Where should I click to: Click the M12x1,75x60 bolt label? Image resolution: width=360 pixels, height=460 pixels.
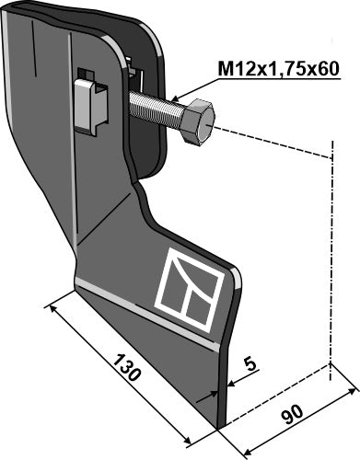(x=278, y=69)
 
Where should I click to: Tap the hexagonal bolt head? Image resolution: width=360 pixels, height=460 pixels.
(x=199, y=121)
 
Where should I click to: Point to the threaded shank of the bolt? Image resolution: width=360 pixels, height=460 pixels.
(x=157, y=108)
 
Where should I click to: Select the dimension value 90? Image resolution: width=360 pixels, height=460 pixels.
(x=292, y=414)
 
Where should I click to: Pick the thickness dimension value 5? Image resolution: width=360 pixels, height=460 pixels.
(x=250, y=364)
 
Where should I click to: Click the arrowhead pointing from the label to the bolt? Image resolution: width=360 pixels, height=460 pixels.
(x=176, y=98)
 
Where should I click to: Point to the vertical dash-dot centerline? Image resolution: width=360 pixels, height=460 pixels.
(x=331, y=260)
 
